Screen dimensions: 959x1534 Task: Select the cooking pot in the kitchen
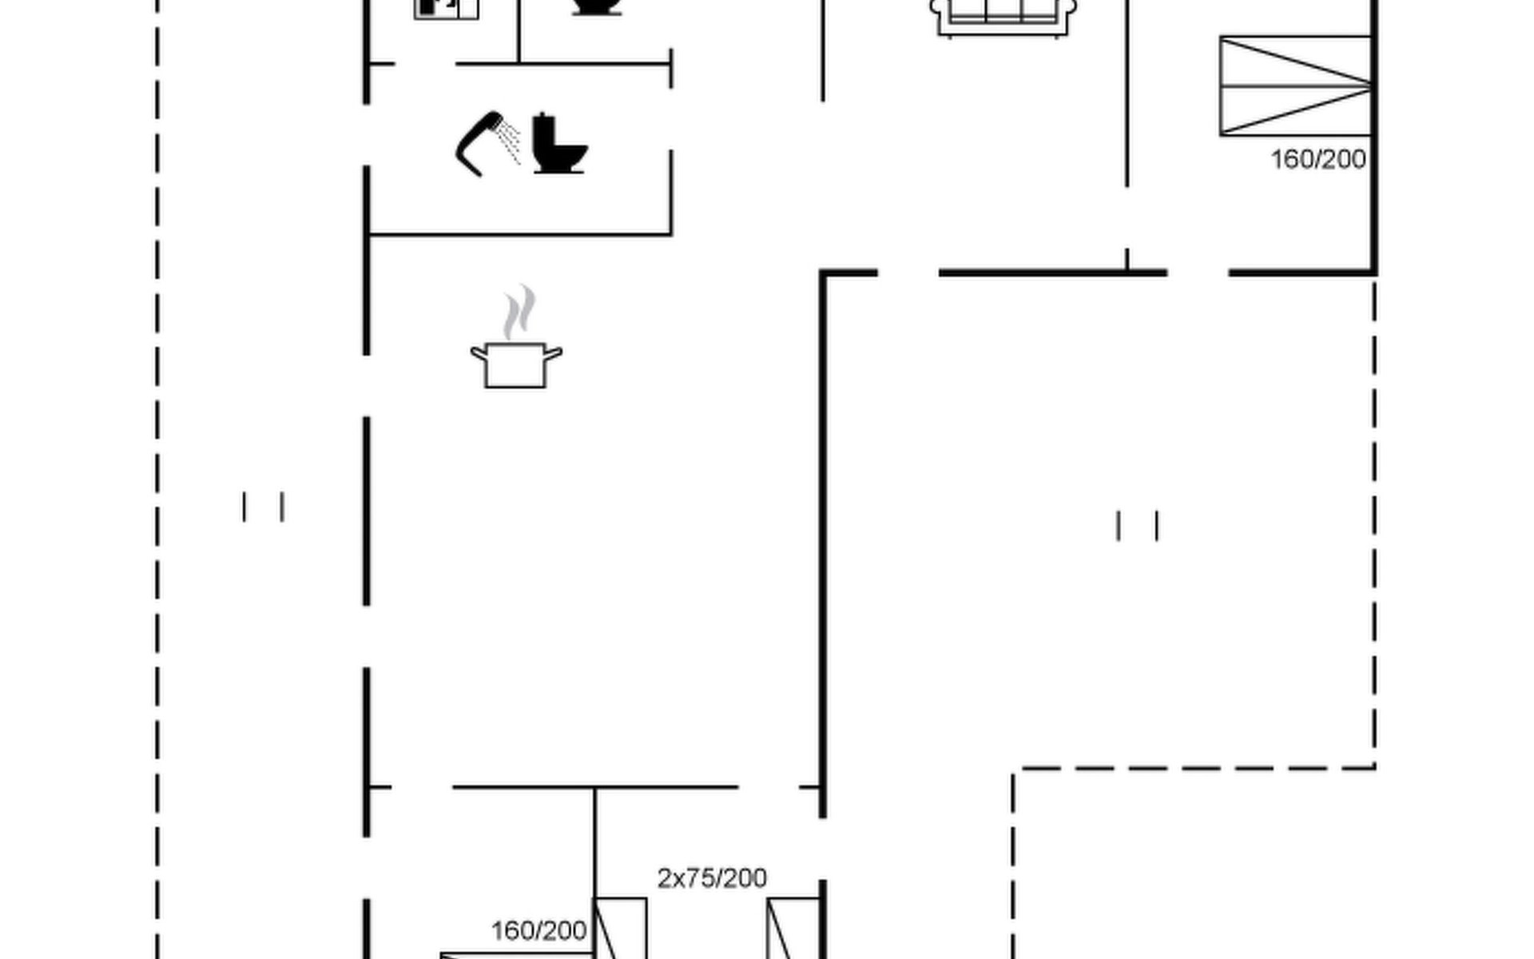tap(516, 367)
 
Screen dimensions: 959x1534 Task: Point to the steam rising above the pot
tap(519, 312)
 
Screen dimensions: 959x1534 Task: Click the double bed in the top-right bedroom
tap(1295, 86)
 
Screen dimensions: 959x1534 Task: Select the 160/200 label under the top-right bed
tap(1317, 160)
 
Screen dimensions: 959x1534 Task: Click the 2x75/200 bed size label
tap(712, 878)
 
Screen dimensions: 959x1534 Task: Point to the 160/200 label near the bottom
tap(538, 931)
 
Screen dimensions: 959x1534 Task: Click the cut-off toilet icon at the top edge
tap(597, 6)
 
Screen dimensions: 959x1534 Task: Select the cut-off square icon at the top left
tap(446, 8)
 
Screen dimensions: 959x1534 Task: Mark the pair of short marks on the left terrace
tap(263, 507)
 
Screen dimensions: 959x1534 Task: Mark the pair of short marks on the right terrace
tap(1137, 526)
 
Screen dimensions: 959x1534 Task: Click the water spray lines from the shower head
tap(509, 142)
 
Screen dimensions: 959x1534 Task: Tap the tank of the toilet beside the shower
tap(543, 129)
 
